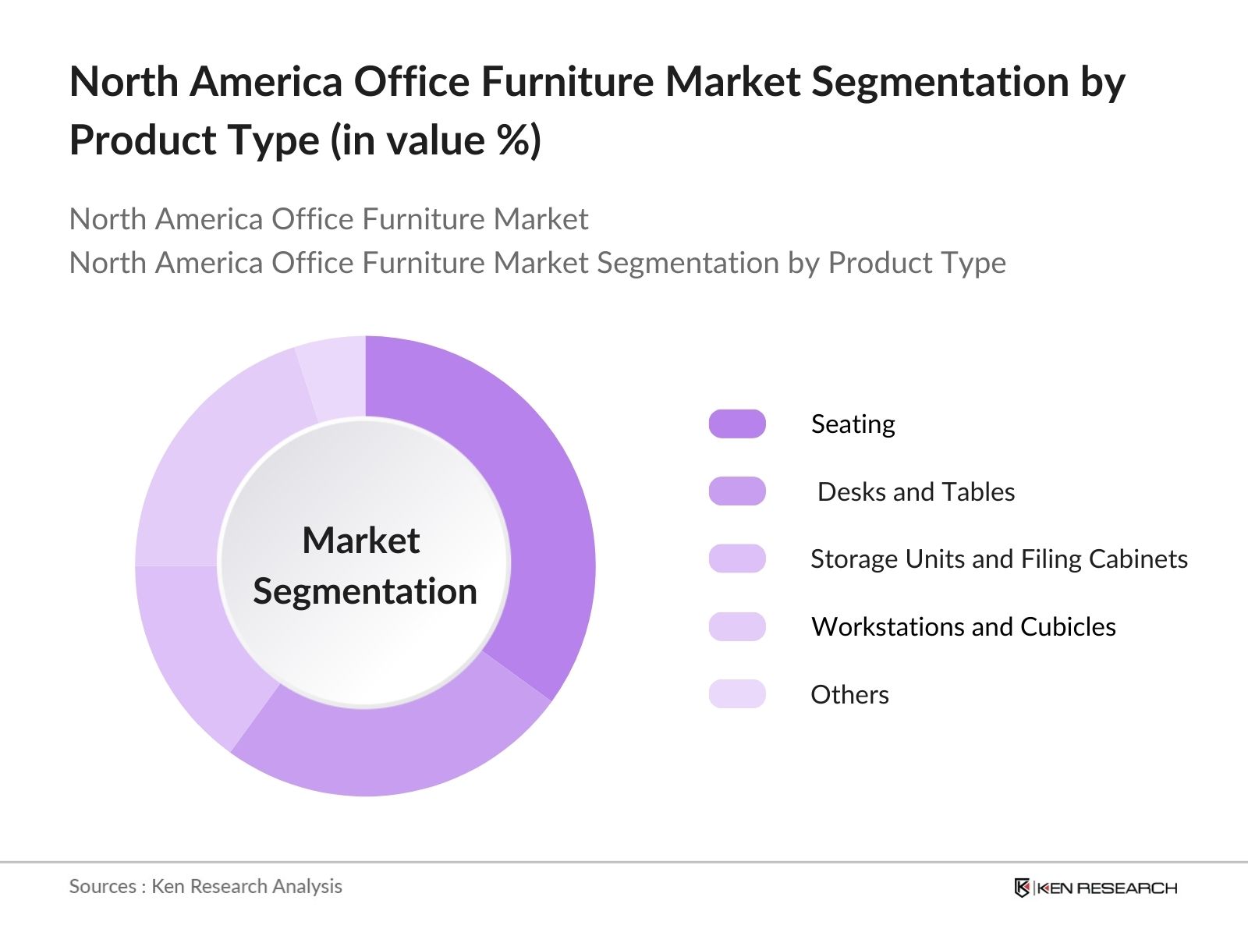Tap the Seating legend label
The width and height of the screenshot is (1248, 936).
point(853,424)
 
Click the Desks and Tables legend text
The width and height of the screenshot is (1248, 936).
point(916,491)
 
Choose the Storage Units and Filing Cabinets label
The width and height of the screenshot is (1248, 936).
point(998,559)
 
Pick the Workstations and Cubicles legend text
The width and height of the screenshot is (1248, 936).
point(963,627)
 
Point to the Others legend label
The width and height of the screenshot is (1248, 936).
point(849,694)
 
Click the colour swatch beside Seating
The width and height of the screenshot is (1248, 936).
point(737,424)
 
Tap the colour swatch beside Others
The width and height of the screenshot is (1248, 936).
point(737,694)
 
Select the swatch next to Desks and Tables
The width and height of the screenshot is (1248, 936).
point(737,491)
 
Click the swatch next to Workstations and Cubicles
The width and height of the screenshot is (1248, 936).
point(737,627)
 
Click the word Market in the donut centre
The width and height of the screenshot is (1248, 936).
point(361,541)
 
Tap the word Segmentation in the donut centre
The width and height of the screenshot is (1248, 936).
point(365,591)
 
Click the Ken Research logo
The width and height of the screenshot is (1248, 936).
point(1095,888)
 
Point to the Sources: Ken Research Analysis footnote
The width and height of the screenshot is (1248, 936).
point(205,886)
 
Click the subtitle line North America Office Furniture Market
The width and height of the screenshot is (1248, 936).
point(328,219)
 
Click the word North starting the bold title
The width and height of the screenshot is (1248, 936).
point(124,81)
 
